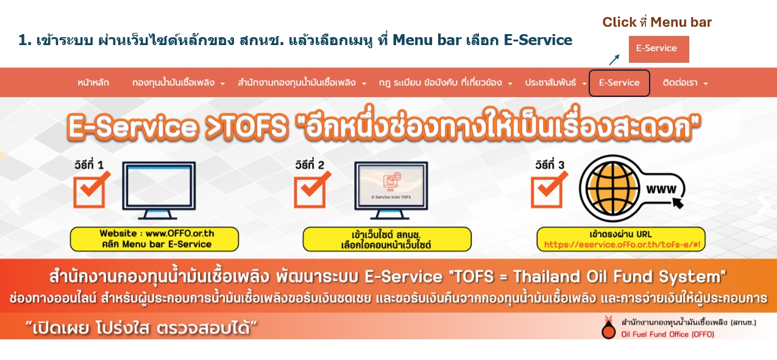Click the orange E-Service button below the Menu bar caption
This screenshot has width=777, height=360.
point(658,49)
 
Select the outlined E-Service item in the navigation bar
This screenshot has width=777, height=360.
point(619,83)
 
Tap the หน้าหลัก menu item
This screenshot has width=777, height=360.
point(93,83)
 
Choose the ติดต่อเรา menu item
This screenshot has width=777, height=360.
point(685,83)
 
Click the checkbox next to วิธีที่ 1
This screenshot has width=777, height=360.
point(89,191)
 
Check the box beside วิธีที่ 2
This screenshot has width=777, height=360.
point(310,191)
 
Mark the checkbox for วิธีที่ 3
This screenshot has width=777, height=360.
point(547,191)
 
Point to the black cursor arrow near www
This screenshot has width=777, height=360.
point(677,202)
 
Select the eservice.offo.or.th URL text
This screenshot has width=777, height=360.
point(622,245)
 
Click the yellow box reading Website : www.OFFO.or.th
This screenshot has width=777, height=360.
point(154,239)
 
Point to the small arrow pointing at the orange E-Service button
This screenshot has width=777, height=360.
point(614,59)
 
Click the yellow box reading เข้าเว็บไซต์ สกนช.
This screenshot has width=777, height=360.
point(387,239)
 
